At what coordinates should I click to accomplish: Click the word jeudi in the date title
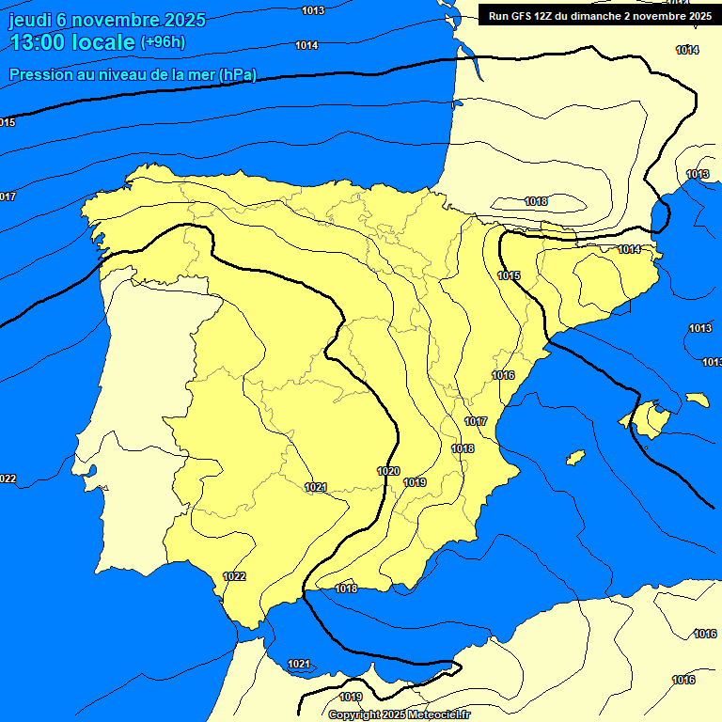pos(30,21)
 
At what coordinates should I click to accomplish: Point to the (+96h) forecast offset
pos(164,42)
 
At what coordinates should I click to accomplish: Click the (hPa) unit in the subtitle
pos(237,75)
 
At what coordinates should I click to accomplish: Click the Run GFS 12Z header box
pos(599,16)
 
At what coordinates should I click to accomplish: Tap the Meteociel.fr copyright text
pos(400,714)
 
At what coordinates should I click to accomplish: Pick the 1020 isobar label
pos(388,471)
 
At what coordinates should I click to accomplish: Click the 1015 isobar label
pos(509,275)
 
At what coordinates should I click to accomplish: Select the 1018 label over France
pos(536,201)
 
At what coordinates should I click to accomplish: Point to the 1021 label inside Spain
pos(316,487)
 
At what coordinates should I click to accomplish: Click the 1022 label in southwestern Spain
pos(234,576)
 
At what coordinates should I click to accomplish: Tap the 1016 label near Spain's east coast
pos(503,375)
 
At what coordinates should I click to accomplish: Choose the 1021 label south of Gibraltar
pos(299,664)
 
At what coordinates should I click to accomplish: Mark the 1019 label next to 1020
pos(415,482)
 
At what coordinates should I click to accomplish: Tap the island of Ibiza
pos(575,457)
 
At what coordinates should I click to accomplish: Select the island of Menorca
pos(697,400)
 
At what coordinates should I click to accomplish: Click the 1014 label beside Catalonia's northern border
pos(629,249)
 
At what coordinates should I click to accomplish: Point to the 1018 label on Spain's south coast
pos(346,589)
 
